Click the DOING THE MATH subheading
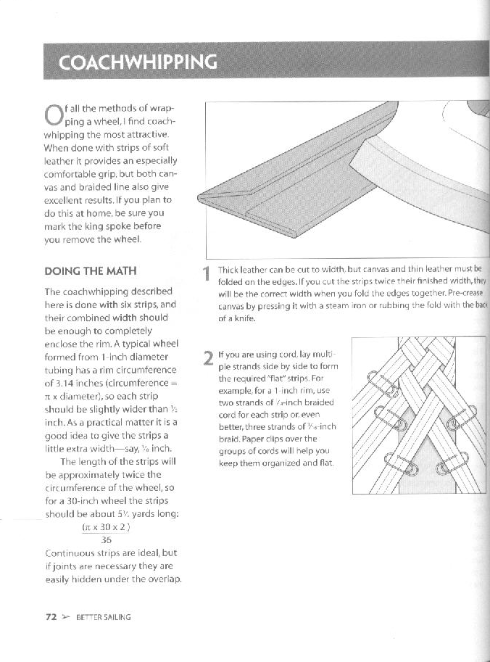(91, 271)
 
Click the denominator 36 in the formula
(106, 539)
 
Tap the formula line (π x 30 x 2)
(106, 527)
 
